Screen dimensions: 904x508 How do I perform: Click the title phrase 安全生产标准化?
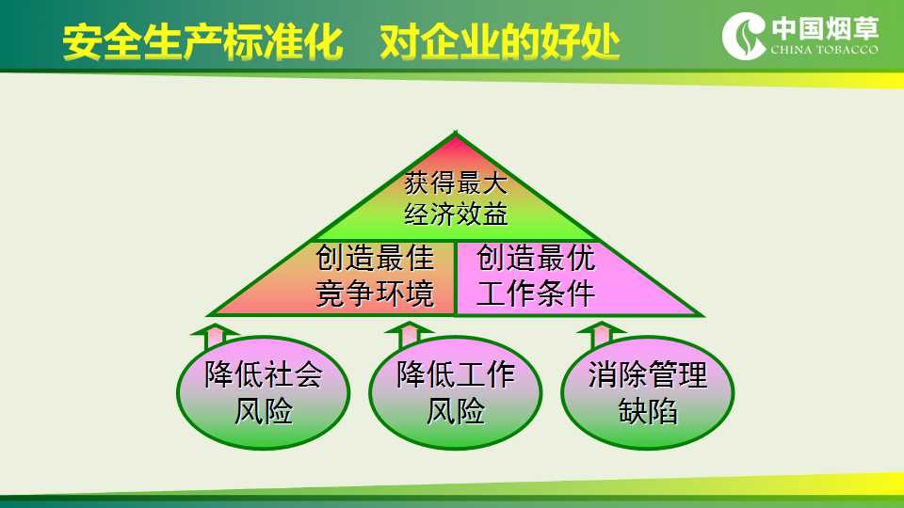[202, 42]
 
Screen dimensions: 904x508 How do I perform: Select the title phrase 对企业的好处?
[499, 42]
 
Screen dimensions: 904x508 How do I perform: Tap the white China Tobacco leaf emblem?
[744, 36]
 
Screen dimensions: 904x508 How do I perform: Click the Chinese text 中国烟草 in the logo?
[825, 29]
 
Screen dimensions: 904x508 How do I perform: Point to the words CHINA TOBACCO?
[825, 50]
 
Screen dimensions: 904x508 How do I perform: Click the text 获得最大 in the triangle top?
[456, 183]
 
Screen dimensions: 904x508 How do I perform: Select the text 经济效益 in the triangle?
[456, 214]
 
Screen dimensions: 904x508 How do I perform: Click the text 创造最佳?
[375, 258]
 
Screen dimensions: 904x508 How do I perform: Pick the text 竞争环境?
[375, 294]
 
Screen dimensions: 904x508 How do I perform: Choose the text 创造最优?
[536, 258]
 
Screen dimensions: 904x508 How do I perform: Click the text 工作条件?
[536, 294]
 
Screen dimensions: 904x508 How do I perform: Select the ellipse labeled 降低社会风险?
[264, 392]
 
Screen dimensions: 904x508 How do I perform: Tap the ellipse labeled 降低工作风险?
[456, 392]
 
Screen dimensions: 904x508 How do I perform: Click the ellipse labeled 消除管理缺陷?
[648, 392]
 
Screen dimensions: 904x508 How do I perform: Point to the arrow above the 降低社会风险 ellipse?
[215, 337]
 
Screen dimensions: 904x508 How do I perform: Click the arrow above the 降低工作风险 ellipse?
[409, 335]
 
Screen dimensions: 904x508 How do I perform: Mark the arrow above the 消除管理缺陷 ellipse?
[601, 335]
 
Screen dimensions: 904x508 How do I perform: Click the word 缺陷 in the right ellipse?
[648, 411]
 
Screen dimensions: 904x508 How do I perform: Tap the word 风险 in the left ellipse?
[264, 411]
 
